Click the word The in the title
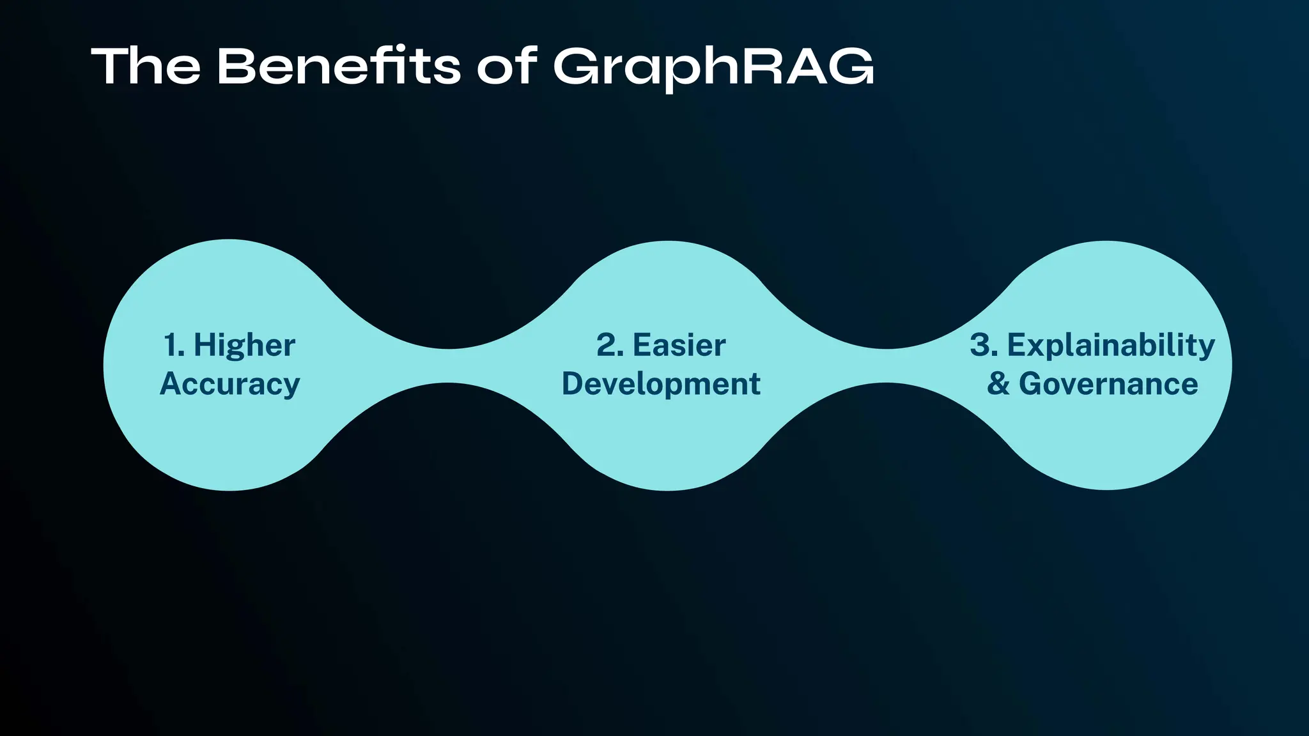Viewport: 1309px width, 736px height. coord(146,66)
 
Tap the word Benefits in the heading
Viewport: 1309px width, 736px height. coord(338,66)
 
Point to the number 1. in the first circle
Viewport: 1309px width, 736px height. coord(174,346)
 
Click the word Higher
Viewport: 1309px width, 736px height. coord(244,346)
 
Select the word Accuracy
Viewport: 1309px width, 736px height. coord(229,385)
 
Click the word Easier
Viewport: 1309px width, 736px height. coord(679,346)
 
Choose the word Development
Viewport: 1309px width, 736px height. coord(661,385)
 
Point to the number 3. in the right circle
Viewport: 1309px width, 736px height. coord(984,346)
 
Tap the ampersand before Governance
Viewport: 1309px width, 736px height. coord(998,385)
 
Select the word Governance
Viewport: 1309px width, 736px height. coord(1108,385)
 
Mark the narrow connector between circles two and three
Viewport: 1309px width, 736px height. coord(887,365)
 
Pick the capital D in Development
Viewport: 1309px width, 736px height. coord(573,384)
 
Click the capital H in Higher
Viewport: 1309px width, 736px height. coord(205,346)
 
